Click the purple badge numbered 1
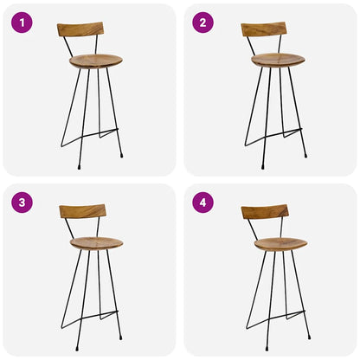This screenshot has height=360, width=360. coord(22,22)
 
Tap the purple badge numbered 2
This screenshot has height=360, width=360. coord(203,22)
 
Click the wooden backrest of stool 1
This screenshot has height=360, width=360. coord(80,29)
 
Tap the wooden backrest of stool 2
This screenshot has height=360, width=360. coord(264,29)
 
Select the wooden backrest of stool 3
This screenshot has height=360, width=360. coord(82,210)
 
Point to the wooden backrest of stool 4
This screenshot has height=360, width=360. coord(265,211)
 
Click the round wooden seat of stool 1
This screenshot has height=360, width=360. coord(95,61)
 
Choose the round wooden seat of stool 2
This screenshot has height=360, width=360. coord(278,60)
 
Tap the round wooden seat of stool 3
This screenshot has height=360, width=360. coord(96,243)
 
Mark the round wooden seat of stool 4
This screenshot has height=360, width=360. coord(280,244)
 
